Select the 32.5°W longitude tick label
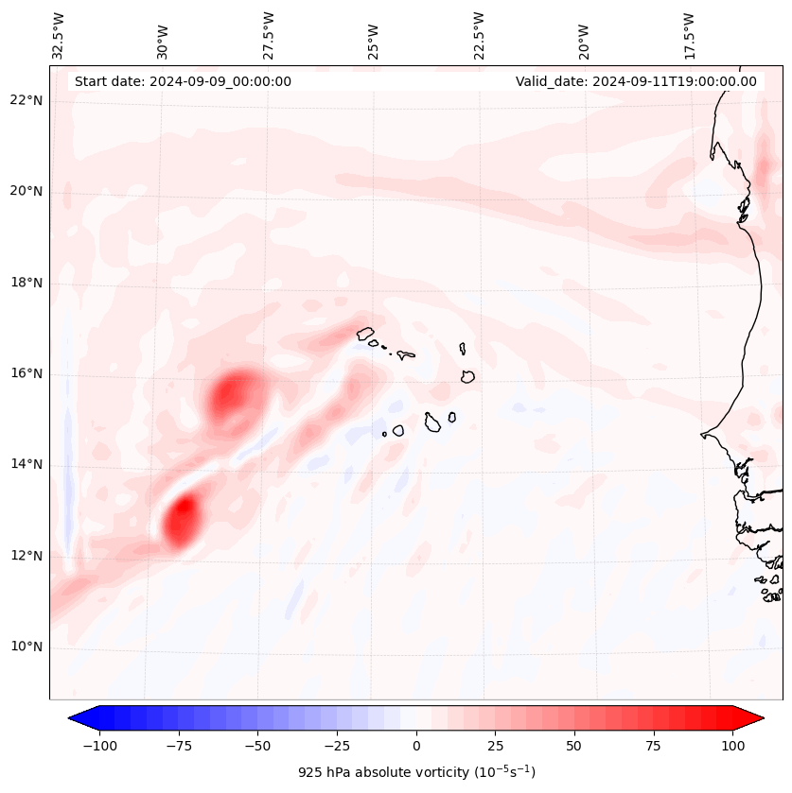59,36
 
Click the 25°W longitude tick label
374,36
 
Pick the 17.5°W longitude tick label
689,36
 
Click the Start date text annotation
183,81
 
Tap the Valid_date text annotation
636,81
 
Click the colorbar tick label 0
416,746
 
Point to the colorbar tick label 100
732,746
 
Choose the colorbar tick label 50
574,746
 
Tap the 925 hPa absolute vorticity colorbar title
416,772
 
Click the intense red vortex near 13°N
181,518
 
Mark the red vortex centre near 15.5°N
233,395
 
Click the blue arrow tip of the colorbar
72,718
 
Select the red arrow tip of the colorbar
761,718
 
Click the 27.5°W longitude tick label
269,36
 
